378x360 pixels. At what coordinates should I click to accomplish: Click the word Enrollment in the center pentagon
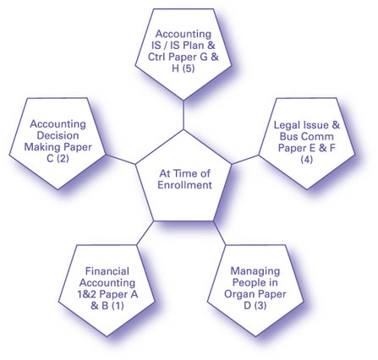[x=184, y=185]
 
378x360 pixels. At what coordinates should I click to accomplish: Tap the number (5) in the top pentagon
[x=189, y=68]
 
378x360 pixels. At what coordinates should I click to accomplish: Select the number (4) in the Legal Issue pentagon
[x=307, y=160]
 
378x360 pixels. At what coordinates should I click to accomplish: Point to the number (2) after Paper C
[x=63, y=159]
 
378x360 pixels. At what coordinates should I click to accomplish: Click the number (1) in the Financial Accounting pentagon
[x=118, y=306]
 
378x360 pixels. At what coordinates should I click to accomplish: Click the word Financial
[x=107, y=271]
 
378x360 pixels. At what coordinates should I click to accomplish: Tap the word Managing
[x=255, y=271]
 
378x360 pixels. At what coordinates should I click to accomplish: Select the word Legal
[x=287, y=125]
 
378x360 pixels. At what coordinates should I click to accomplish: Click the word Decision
[x=58, y=135]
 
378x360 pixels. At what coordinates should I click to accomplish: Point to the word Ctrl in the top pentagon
[x=157, y=57]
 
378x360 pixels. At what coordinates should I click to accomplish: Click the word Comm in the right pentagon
[x=320, y=137]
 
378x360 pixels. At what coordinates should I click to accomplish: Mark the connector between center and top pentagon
[x=184, y=115]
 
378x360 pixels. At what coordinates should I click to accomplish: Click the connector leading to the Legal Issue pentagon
[x=245, y=160]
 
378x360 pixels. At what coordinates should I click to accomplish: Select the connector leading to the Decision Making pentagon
[x=120, y=159]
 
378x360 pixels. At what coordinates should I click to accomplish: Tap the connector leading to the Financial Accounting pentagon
[x=145, y=233]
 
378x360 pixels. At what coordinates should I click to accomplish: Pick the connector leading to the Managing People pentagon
[x=220, y=233]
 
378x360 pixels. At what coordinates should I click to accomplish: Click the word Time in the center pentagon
[x=182, y=173]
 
